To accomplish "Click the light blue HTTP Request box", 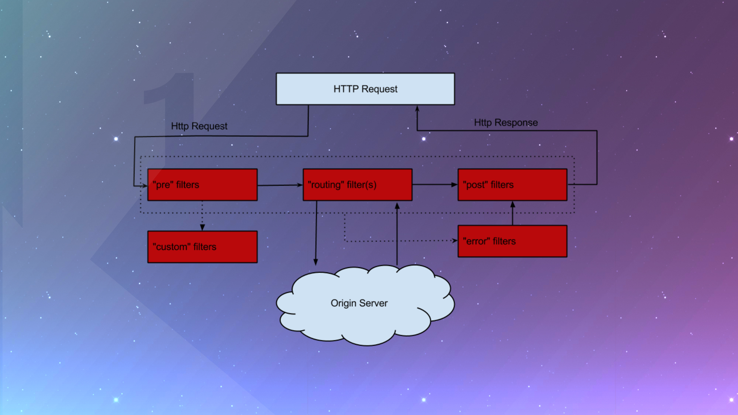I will tap(365, 89).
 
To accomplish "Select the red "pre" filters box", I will tap(202, 185).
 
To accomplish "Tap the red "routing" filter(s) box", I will tap(357, 185).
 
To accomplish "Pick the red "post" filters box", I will tap(512, 185).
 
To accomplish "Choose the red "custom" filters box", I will tap(202, 247).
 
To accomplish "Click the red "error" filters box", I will tap(512, 241).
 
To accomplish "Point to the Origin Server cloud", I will tap(365, 305).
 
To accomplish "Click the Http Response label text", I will tap(506, 122).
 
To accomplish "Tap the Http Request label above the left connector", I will tap(199, 126).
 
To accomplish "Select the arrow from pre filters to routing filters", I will tap(280, 185).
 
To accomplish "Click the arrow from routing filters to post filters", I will tap(435, 185).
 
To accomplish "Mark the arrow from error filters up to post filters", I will tap(513, 213).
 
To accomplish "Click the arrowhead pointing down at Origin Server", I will tap(316, 262).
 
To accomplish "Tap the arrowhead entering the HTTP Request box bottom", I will tap(417, 108).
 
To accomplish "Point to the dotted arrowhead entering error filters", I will tap(455, 241).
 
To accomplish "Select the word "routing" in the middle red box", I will tap(326, 185).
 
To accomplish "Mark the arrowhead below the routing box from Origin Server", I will tap(397, 205).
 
